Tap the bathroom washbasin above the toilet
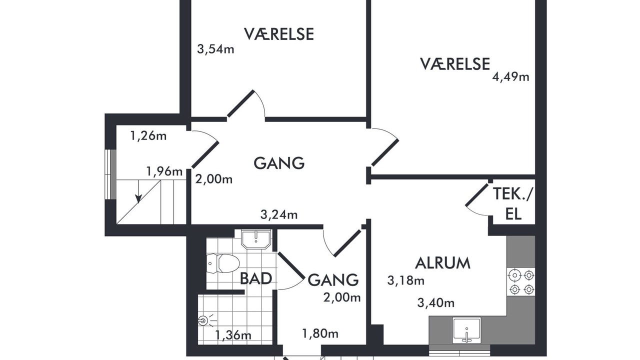(x=255, y=239)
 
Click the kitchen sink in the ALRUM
(x=466, y=330)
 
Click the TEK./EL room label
(x=513, y=203)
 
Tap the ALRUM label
(x=442, y=263)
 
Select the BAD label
(x=255, y=278)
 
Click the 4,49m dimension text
(x=510, y=77)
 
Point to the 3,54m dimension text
(x=215, y=49)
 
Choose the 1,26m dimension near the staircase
(x=148, y=135)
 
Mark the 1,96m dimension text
(x=164, y=171)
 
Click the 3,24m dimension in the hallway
(x=279, y=214)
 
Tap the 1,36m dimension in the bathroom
(x=233, y=335)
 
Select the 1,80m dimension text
(x=320, y=333)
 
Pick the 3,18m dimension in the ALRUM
(x=405, y=281)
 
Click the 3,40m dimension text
(x=435, y=303)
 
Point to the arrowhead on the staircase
(x=138, y=198)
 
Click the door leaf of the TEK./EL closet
(x=477, y=195)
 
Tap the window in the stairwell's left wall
(x=110, y=174)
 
